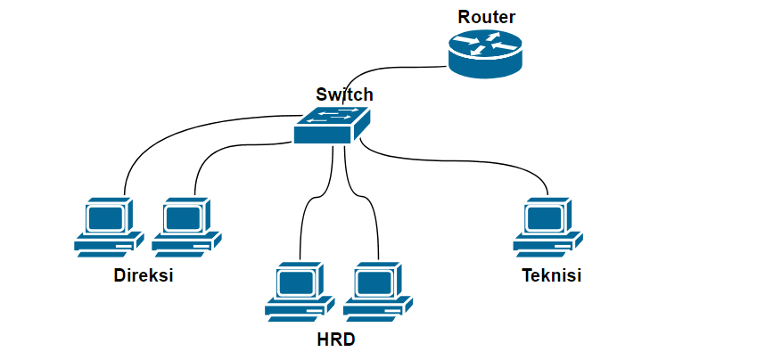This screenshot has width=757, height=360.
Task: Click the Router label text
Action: coord(487,17)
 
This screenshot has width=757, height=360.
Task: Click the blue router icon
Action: coord(484,53)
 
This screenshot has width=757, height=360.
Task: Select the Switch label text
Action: coord(344,94)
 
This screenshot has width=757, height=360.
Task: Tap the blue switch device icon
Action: coord(332,126)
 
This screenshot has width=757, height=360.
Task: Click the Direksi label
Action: coord(143,275)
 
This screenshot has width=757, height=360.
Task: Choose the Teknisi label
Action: coord(551,275)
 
